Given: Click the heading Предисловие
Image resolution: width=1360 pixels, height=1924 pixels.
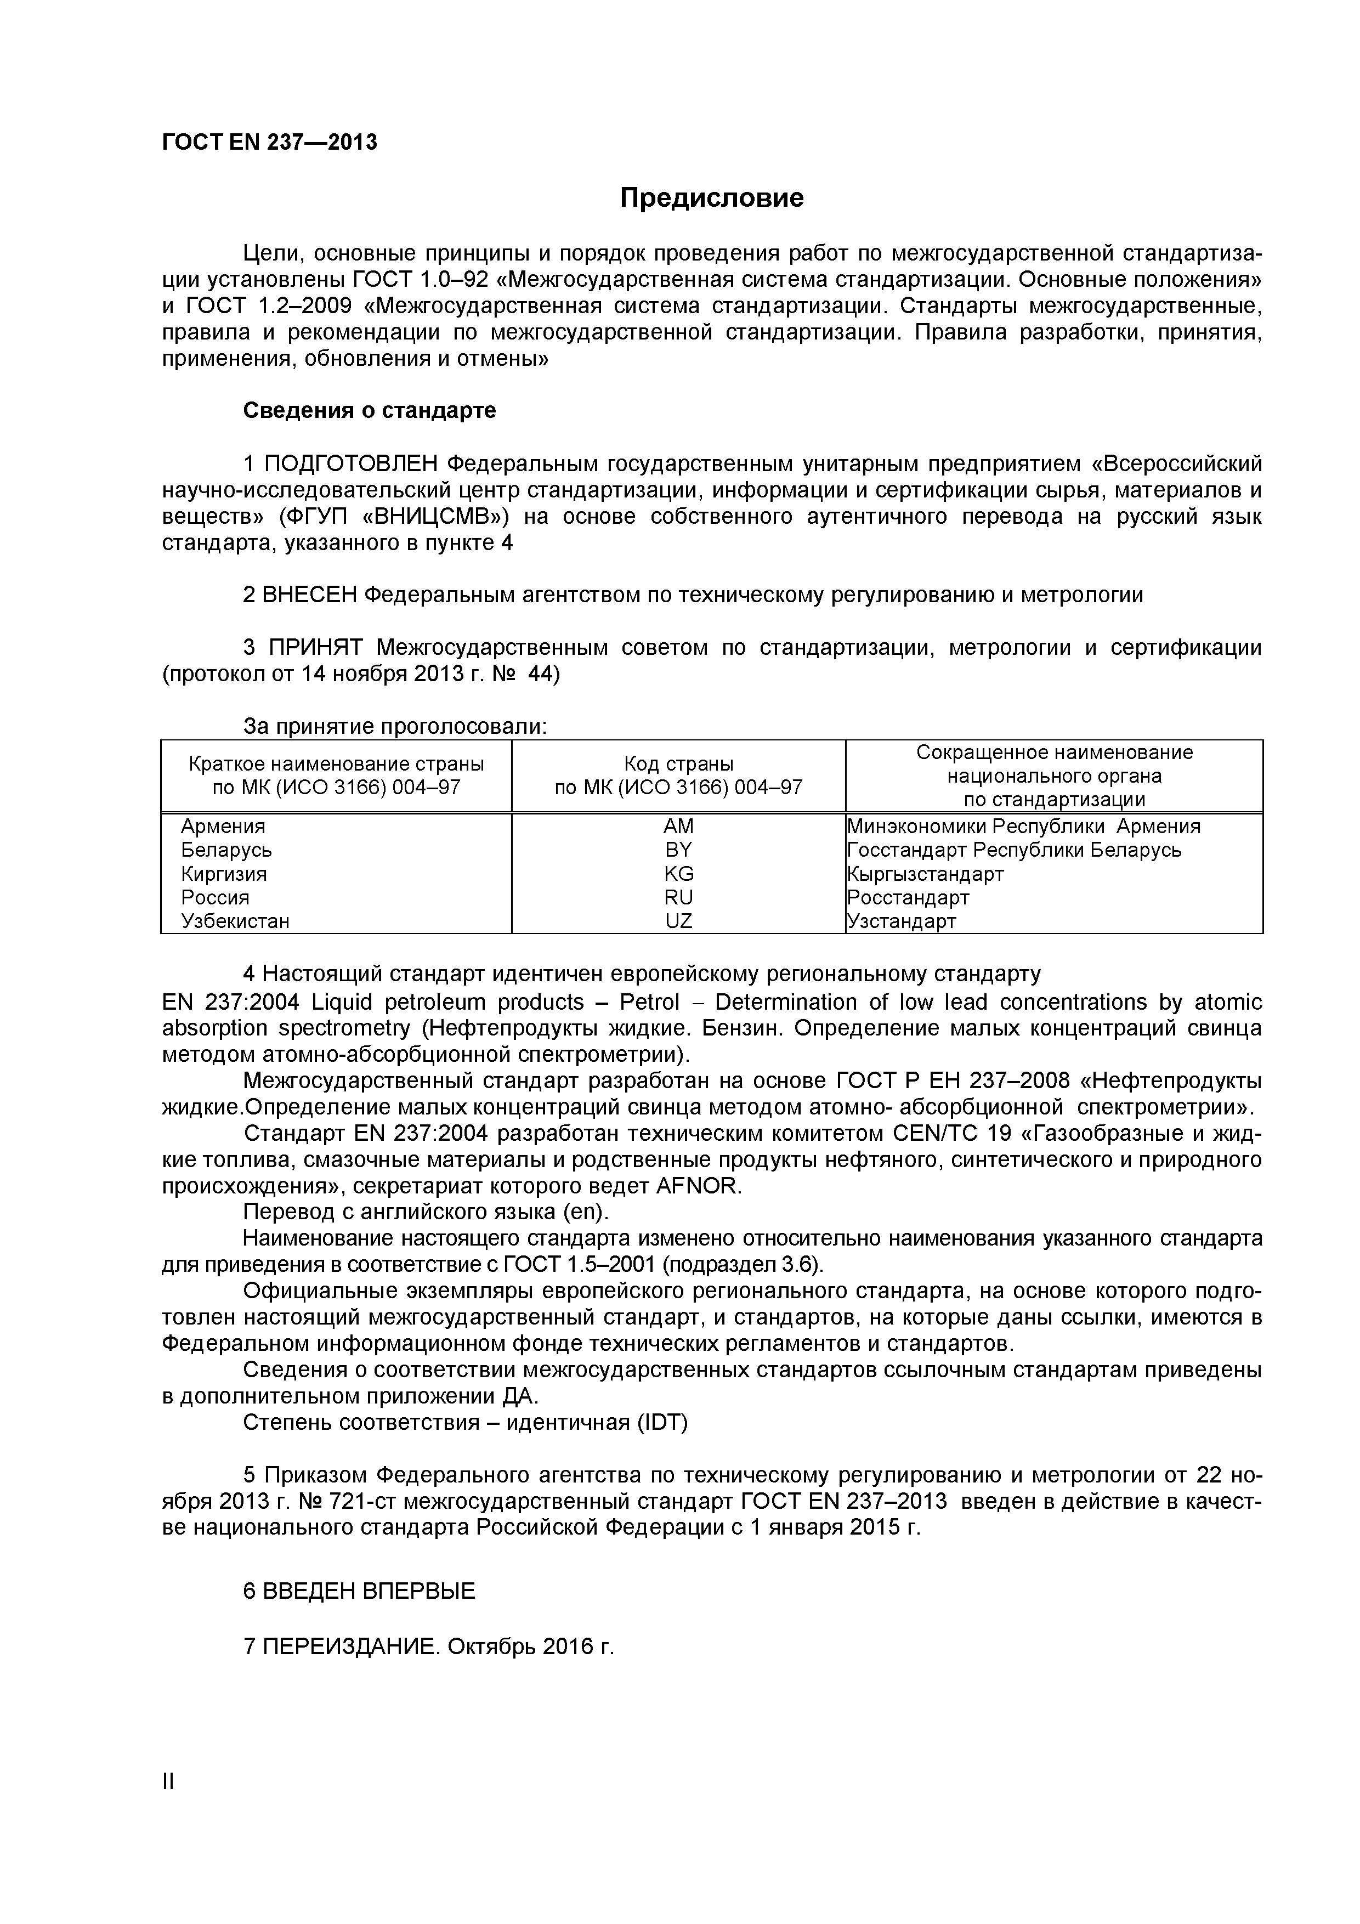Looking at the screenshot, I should click(711, 199).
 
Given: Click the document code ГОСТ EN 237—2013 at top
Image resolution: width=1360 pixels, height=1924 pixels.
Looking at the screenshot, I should click(269, 143).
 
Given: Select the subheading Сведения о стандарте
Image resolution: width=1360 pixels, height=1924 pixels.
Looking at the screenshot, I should click(370, 411).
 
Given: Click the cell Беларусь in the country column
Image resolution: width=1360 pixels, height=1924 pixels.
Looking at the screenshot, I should click(226, 850).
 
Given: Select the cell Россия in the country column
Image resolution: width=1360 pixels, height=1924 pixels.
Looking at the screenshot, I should click(216, 897).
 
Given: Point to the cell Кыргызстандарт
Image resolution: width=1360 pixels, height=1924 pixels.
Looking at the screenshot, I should click(925, 874).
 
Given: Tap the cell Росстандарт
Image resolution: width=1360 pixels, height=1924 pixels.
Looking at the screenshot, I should click(908, 897).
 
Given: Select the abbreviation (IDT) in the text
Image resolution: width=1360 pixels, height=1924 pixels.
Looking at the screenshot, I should click(662, 1423).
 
